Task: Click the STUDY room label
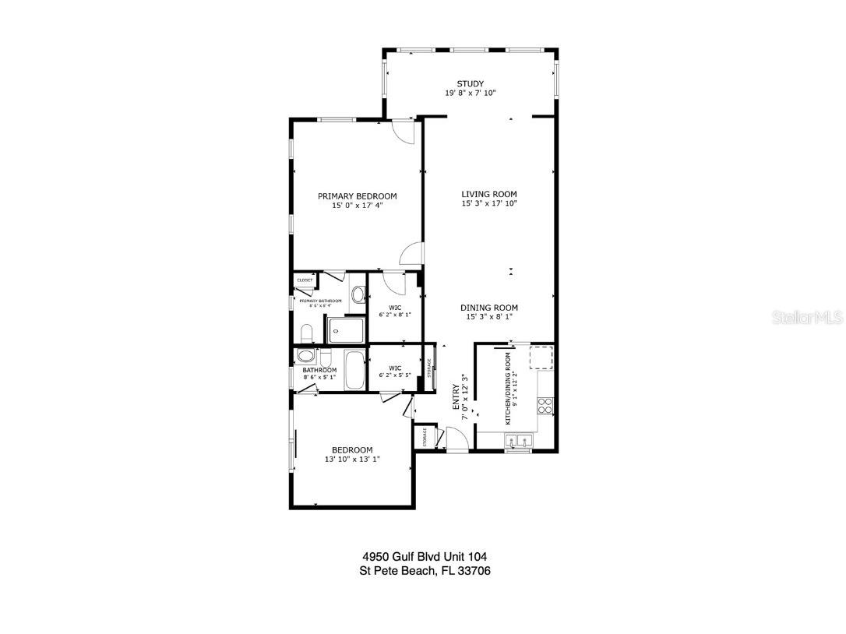point(470,84)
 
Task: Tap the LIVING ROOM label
point(488,195)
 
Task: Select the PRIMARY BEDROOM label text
point(357,196)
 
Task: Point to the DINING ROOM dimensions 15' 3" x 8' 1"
point(488,317)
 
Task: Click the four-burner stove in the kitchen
point(545,404)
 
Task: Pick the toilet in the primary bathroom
point(305,334)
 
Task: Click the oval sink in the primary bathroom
point(358,295)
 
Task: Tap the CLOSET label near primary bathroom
point(304,280)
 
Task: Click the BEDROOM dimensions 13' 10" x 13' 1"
point(352,460)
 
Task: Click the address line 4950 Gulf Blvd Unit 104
point(425,557)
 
